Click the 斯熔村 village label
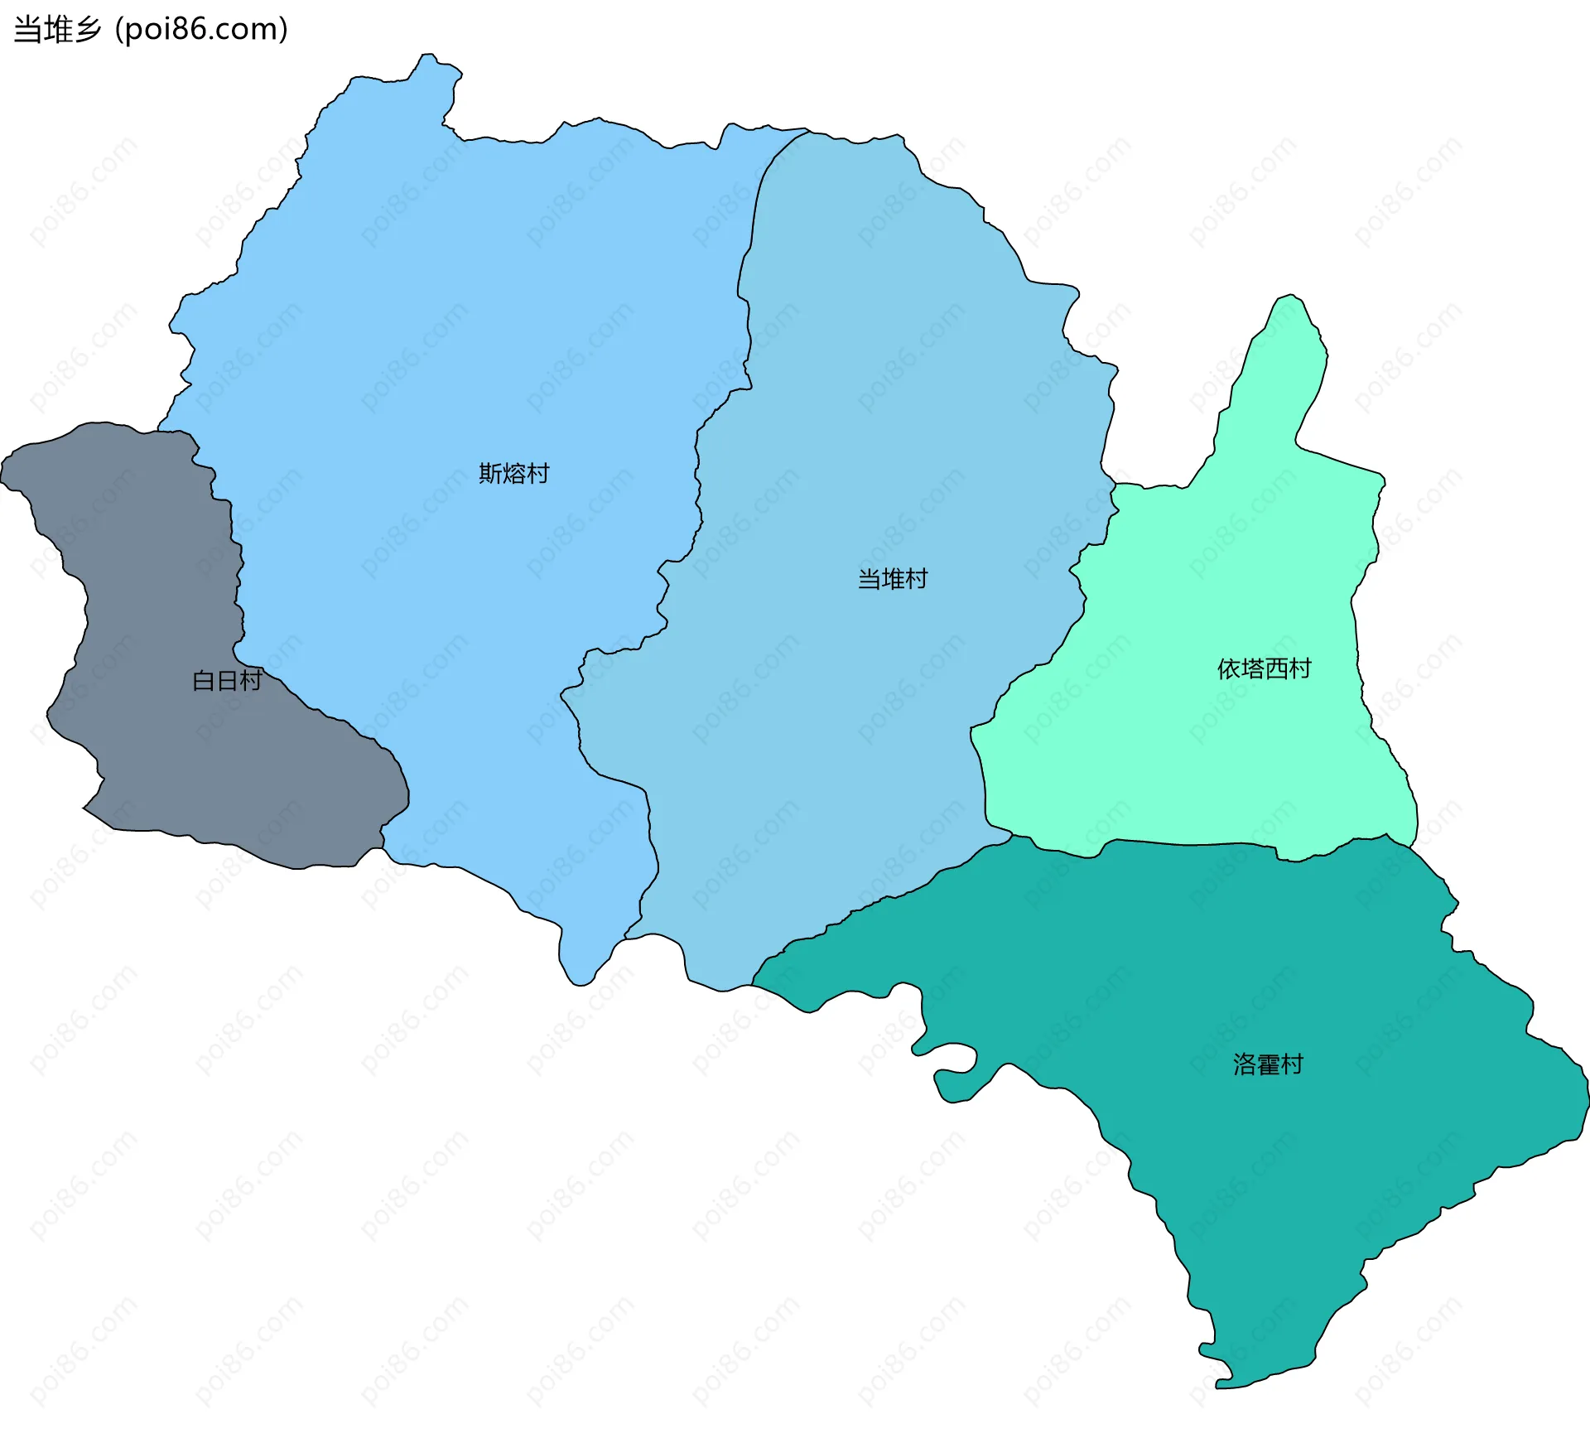[514, 474]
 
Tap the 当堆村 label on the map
[893, 579]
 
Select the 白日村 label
[227, 681]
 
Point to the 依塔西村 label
[1264, 669]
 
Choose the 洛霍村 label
[1268, 1064]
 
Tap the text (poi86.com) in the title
[201, 30]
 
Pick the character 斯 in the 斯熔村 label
[491, 474]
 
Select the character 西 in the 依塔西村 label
[1276, 669]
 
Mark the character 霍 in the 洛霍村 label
[1268, 1064]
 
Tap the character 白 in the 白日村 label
[204, 681]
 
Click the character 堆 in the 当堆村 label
[893, 579]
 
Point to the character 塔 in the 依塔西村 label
[1252, 669]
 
